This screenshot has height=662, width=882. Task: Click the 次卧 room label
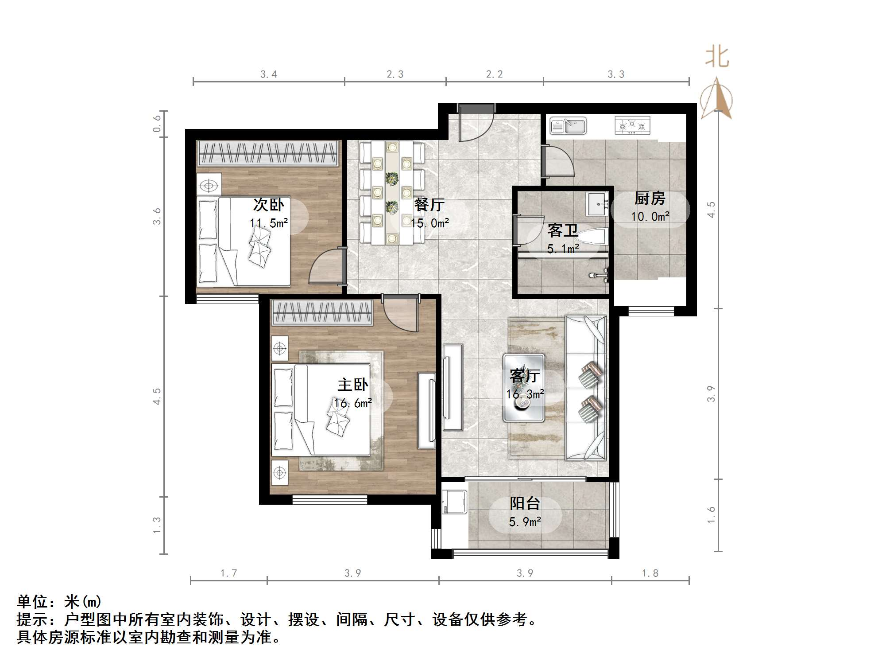click(268, 205)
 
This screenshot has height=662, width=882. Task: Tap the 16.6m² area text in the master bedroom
click(353, 403)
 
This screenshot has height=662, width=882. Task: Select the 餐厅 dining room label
click(429, 205)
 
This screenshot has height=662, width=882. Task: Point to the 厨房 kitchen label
click(650, 199)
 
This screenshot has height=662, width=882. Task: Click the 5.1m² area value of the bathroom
click(563, 249)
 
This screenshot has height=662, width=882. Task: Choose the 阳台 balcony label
click(525, 503)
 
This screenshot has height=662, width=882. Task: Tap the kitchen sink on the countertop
click(568, 126)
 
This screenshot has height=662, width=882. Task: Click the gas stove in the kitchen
click(632, 125)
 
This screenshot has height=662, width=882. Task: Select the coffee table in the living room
click(523, 387)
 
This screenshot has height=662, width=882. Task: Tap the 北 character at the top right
click(717, 58)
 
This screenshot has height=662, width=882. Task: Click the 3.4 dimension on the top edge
click(269, 74)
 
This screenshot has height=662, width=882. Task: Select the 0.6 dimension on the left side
click(157, 124)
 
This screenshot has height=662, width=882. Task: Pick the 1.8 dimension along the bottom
click(650, 573)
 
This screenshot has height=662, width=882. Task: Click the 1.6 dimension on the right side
click(711, 515)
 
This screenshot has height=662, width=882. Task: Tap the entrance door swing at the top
click(476, 124)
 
